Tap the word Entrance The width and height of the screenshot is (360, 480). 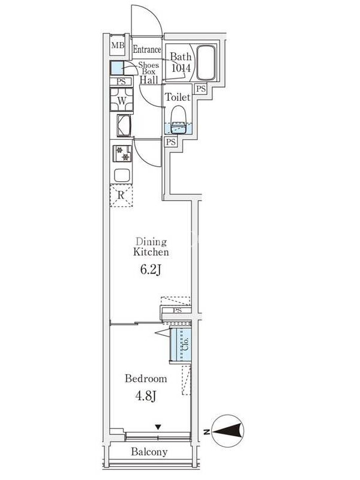147,49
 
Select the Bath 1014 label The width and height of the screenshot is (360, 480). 180,62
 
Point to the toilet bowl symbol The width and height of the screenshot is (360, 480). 178,120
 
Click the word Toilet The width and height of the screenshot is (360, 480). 178,97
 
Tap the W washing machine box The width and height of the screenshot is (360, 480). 121,101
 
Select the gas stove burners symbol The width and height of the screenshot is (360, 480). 122,153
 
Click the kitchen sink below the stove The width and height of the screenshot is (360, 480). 122,176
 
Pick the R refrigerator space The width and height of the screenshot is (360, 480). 121,196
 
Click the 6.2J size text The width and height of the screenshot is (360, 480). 151,271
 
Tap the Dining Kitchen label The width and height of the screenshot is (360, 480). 151,247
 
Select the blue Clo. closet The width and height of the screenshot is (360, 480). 181,344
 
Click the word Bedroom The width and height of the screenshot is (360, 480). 146,379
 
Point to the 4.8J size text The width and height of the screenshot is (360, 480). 146,396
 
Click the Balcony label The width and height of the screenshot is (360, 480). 150,452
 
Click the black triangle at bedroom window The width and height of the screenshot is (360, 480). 158,427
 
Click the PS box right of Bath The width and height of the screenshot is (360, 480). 201,89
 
